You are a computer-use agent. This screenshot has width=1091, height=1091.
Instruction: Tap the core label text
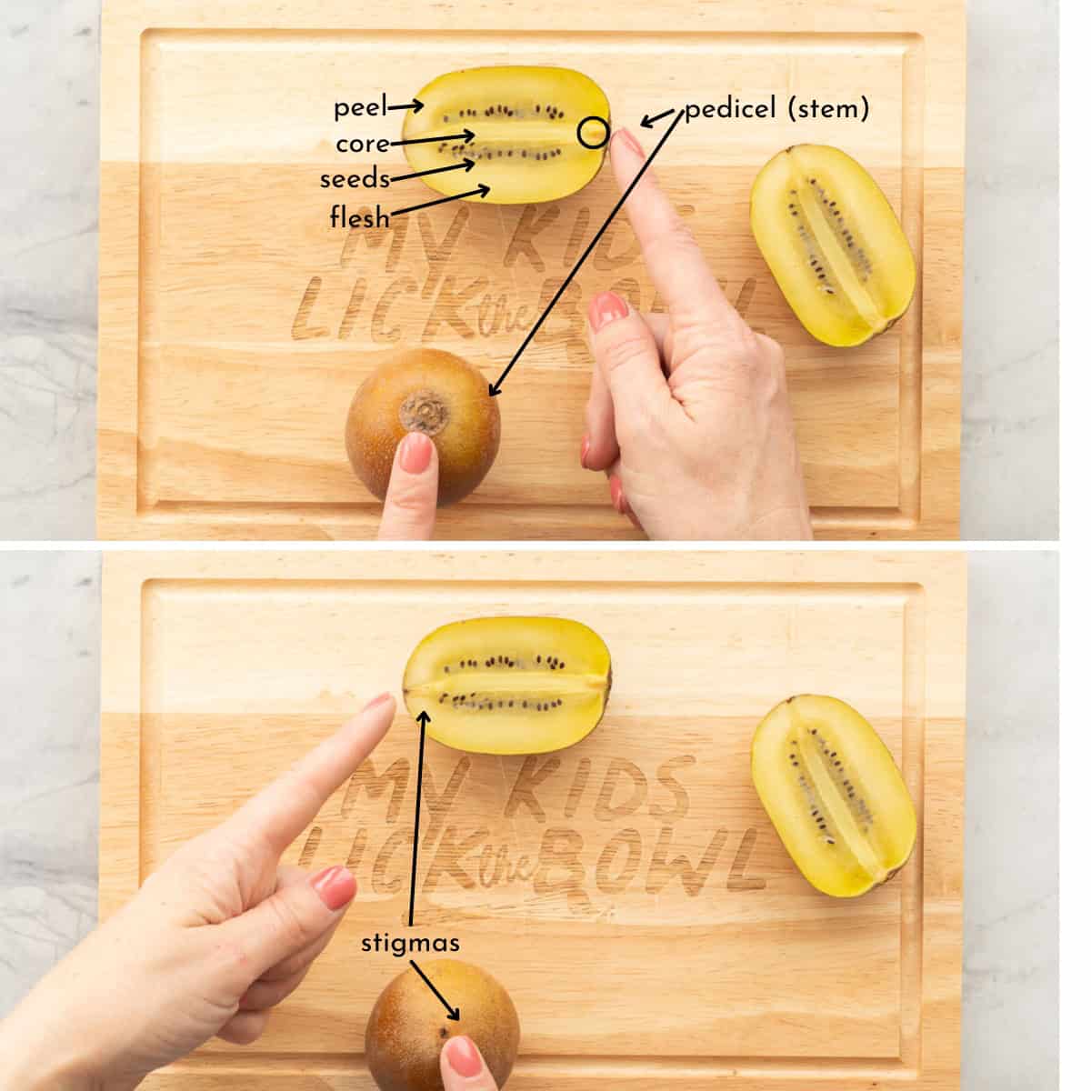[362, 145]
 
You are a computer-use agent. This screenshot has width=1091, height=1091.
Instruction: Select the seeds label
[355, 179]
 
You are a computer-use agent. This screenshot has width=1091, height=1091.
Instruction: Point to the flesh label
[359, 217]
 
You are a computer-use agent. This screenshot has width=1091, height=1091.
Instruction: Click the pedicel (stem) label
[776, 110]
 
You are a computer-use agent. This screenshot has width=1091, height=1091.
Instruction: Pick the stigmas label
[410, 943]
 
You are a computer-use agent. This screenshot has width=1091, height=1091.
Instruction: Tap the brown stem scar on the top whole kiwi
[425, 415]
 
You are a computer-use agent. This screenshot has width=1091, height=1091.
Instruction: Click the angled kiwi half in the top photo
[831, 245]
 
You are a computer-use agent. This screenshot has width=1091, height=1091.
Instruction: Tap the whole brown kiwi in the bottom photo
[441, 1018]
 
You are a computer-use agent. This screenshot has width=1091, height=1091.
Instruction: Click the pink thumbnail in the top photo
[608, 311]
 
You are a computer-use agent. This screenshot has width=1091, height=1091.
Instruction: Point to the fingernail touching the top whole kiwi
[416, 449]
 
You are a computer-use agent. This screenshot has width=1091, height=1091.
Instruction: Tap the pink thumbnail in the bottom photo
[332, 885]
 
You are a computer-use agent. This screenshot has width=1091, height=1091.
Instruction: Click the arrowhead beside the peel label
[419, 107]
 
